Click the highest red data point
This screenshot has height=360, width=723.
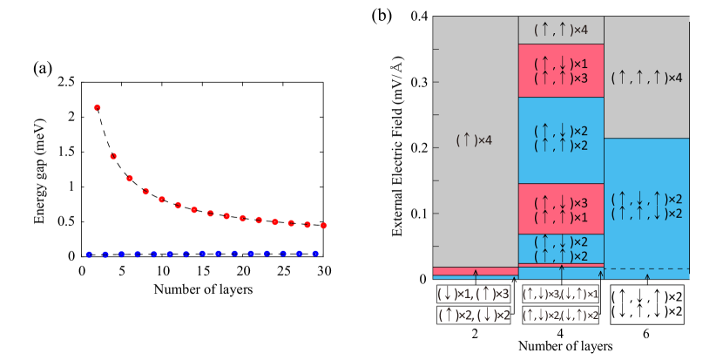[x=98, y=107]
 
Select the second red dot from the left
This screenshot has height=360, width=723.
[x=113, y=156]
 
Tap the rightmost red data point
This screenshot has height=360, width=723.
[x=323, y=225]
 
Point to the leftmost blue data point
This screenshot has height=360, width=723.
[x=89, y=255]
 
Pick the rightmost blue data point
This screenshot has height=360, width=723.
[x=315, y=254]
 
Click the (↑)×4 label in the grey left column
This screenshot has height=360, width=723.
[x=475, y=139]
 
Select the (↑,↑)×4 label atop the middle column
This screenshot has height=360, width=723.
[x=561, y=30]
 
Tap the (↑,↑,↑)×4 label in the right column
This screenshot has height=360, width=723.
[x=646, y=78]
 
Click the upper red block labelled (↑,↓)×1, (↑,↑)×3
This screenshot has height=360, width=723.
[x=561, y=71]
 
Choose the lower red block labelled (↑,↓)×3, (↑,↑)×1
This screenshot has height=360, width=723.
[x=561, y=208]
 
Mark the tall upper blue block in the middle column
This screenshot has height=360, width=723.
[x=561, y=139]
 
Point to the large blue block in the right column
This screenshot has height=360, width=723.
[x=646, y=205]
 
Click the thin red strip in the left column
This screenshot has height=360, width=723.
[x=475, y=271]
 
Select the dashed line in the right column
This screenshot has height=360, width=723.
[x=646, y=268]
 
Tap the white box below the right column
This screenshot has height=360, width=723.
[x=646, y=304]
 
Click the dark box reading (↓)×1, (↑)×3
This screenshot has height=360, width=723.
[x=475, y=294]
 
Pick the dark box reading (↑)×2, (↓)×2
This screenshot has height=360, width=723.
[x=475, y=315]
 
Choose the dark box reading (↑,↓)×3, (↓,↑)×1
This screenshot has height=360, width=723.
[x=561, y=294]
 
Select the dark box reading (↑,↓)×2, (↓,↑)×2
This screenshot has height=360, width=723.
[x=561, y=315]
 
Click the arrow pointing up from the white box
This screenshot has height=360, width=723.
[x=646, y=279]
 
